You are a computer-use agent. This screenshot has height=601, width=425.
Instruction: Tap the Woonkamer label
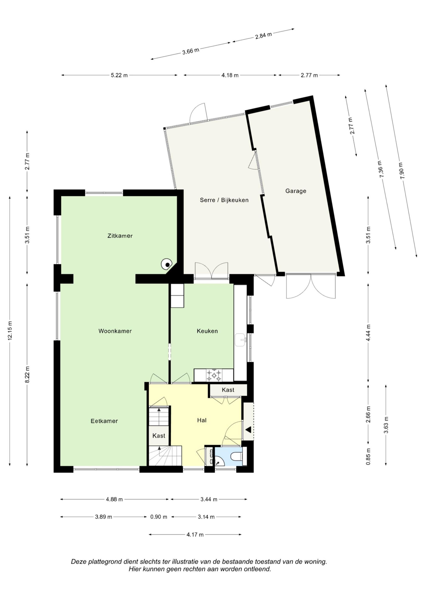(x=115, y=331)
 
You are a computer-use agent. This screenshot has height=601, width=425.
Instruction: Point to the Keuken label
(x=207, y=331)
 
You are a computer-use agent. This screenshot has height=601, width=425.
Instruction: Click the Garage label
(x=296, y=191)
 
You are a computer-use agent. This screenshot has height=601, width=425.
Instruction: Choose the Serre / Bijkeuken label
(x=224, y=200)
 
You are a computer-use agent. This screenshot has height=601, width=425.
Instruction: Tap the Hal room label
(x=202, y=420)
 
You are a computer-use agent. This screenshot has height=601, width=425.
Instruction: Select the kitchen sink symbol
(x=241, y=340)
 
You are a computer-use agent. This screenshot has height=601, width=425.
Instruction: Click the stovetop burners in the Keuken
(x=214, y=376)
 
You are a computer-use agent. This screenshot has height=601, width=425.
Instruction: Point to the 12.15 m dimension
(x=10, y=331)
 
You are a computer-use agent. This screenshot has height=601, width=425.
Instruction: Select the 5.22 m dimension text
(x=119, y=75)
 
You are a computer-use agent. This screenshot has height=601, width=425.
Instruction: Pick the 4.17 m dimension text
(x=195, y=535)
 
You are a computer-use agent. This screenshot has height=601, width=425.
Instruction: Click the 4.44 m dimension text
(x=368, y=333)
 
